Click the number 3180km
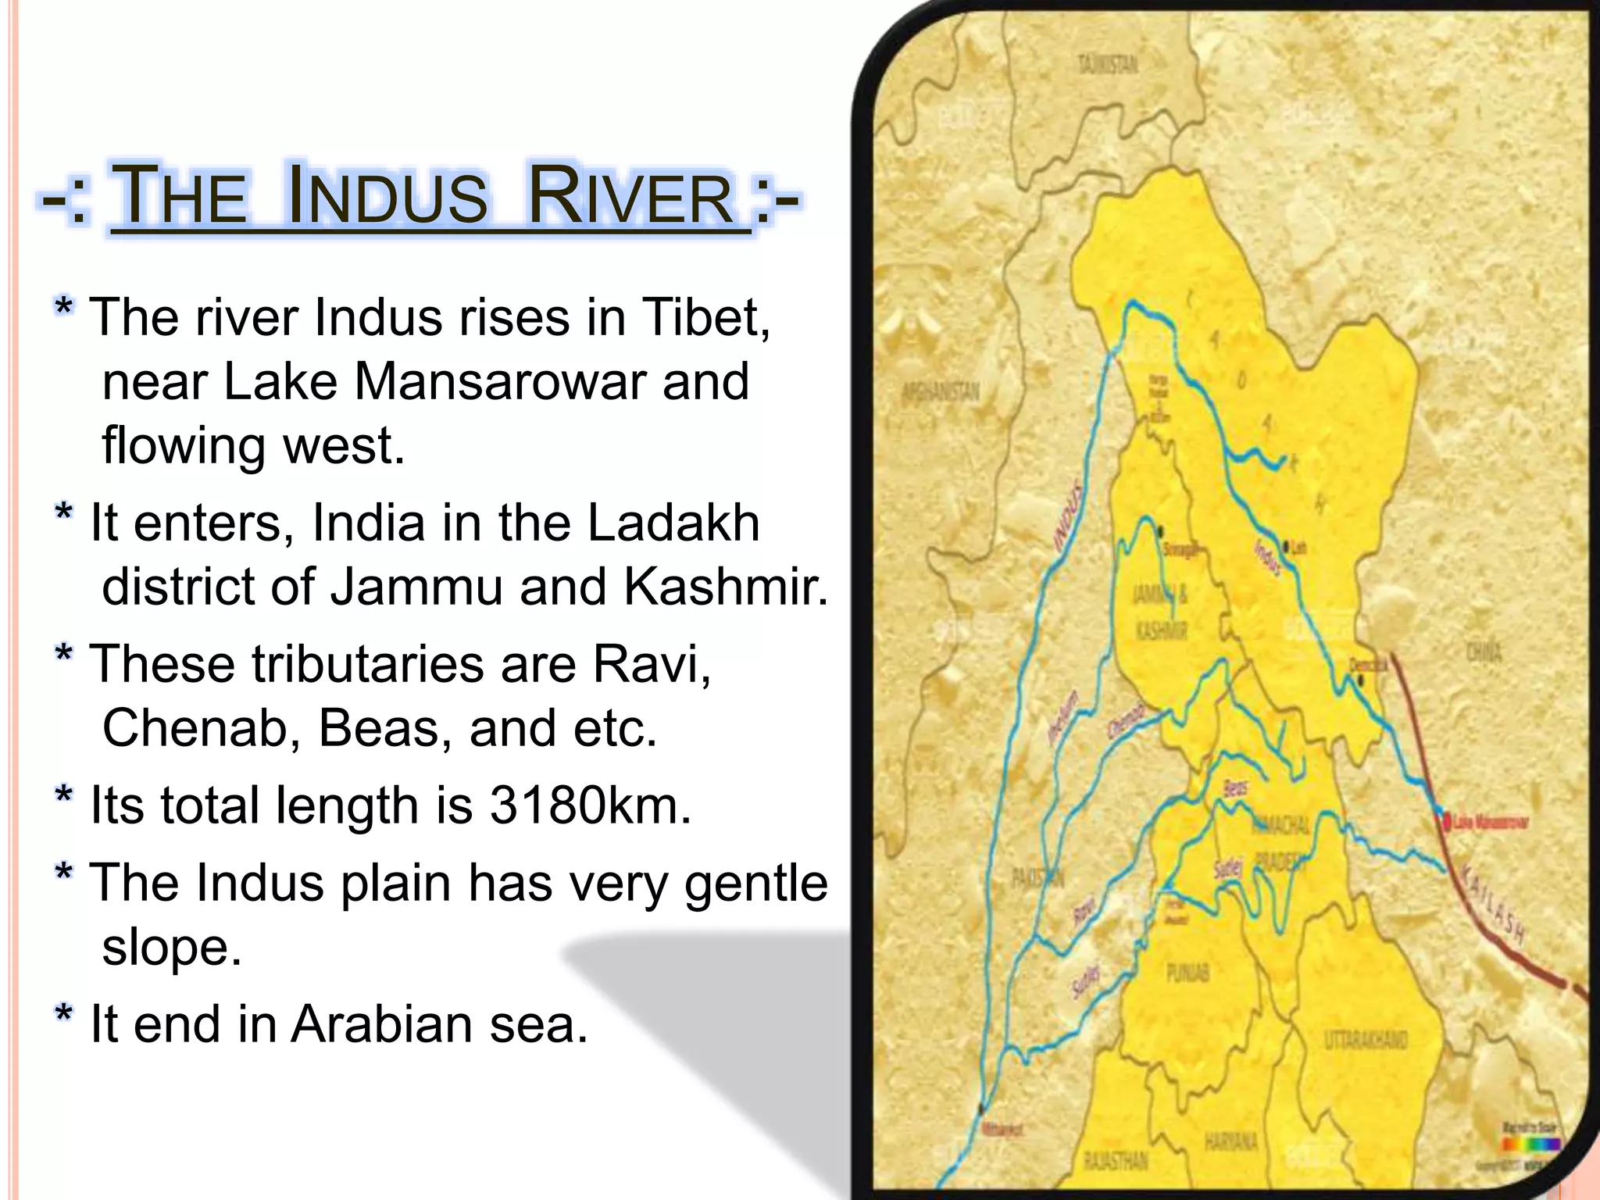[591, 805]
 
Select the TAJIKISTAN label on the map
[1108, 64]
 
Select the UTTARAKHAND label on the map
[1366, 1040]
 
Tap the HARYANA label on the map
[1230, 1142]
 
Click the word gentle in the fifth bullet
[755, 884]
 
